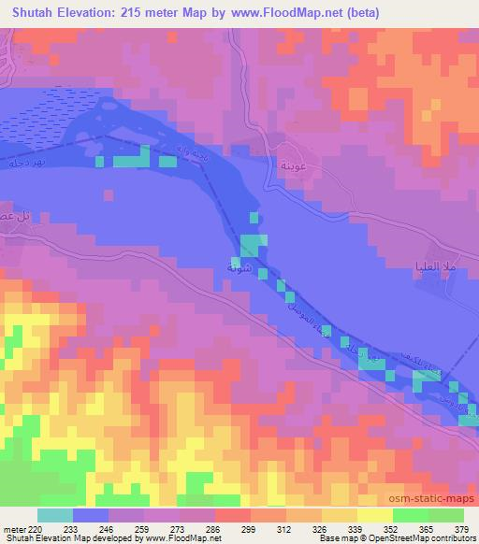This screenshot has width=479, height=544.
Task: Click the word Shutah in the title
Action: (35, 12)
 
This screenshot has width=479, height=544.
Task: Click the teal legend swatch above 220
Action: (54, 515)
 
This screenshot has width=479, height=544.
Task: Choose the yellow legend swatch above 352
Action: (375, 515)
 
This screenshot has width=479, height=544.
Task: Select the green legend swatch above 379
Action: (446, 515)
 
